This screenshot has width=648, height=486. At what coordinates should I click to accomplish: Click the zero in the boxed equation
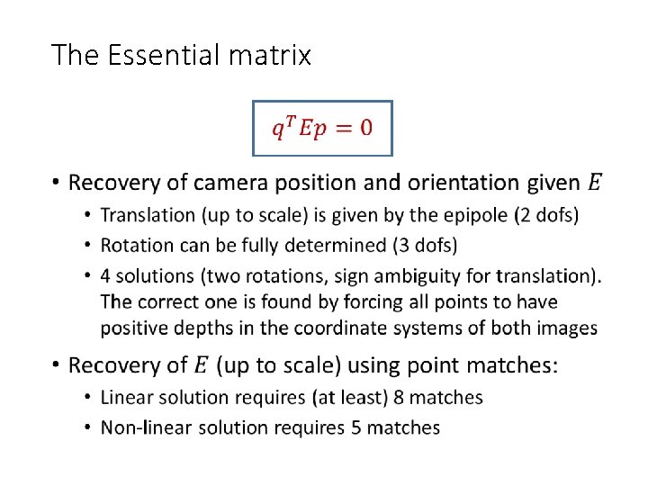(364, 127)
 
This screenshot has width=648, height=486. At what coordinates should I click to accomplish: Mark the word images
(569, 328)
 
